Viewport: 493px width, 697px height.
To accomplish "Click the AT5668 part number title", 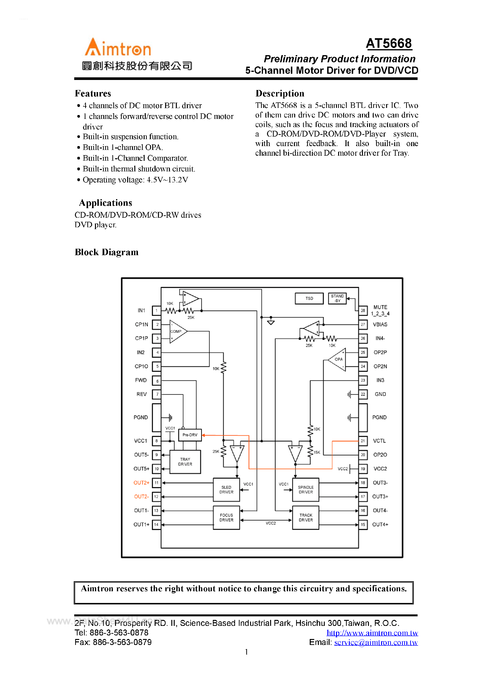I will [x=389, y=43].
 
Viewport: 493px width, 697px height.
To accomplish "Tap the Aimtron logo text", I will [x=118, y=48].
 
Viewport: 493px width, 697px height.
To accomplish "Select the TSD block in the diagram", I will [x=309, y=298].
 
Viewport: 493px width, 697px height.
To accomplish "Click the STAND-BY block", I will [x=337, y=298].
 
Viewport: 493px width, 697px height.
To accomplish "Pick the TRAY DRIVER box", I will [x=185, y=462].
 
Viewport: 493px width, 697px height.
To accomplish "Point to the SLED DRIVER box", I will [x=226, y=489].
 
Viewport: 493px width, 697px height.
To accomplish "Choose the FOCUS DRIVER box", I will [x=226, y=517].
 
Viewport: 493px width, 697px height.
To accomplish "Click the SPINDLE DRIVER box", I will [x=305, y=489].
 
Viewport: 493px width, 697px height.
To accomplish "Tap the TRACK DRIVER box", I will [x=305, y=517].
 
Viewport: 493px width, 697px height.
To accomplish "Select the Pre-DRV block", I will [x=190, y=435].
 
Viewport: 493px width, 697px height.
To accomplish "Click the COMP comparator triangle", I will [x=177, y=331].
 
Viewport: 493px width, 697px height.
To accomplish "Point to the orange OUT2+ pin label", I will [x=141, y=483].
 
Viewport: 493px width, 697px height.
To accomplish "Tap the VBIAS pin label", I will [x=380, y=325].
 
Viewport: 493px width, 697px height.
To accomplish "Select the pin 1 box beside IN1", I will [x=156, y=311].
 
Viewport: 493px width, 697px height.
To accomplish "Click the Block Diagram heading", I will [x=107, y=252].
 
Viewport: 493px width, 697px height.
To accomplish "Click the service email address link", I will [x=376, y=642].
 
